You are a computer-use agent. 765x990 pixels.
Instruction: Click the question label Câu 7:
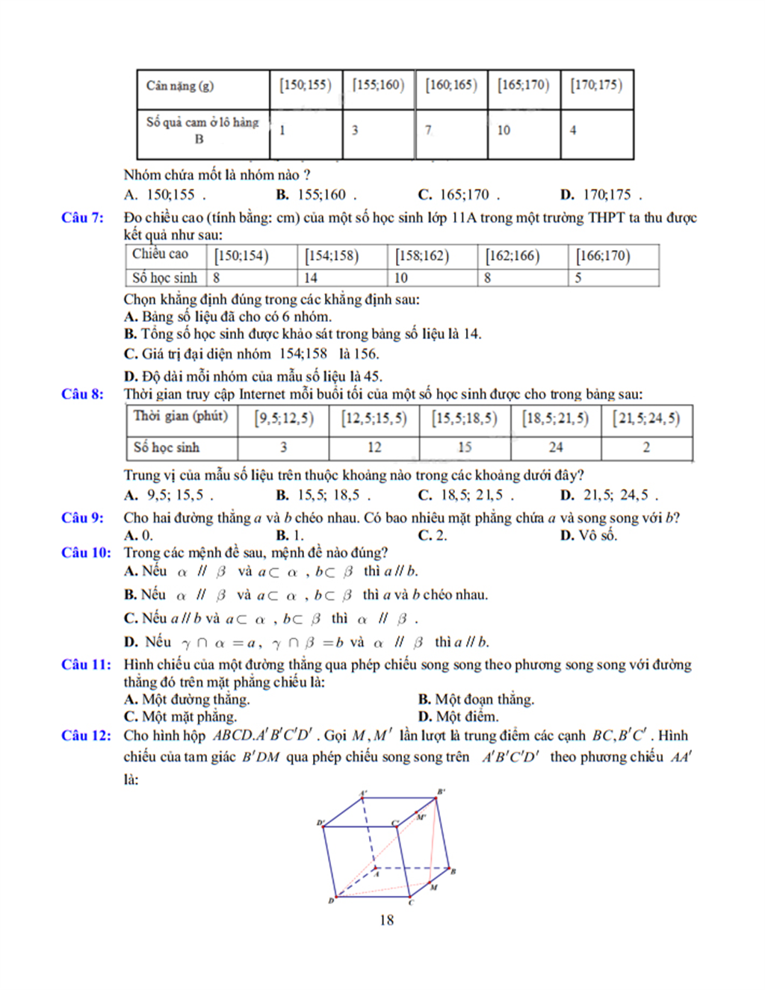pos(82,217)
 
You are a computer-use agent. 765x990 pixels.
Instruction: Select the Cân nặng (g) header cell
pos(180,86)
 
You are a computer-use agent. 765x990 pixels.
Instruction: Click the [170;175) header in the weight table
pos(596,85)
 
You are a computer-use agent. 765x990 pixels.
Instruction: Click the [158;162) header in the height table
pos(423,255)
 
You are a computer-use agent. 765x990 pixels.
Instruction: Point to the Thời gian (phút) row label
pos(181,416)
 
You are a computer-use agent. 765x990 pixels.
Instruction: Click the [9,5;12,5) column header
pos(284,418)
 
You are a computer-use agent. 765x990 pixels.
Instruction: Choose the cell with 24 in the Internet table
pos(556,447)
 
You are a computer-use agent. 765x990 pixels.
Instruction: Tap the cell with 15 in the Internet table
pos(465,447)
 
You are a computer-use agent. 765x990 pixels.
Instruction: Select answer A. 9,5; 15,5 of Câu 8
pos(169,494)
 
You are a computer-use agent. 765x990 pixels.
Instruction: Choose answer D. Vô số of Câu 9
pos(589,535)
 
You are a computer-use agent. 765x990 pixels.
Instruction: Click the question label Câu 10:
pos(86,552)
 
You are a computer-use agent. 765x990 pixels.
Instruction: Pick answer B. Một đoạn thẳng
pos(476,699)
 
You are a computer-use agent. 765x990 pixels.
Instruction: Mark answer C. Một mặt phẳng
pos(180,716)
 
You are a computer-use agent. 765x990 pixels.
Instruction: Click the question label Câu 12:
pos(86,735)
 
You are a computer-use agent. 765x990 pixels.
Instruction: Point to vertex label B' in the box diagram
pos(442,791)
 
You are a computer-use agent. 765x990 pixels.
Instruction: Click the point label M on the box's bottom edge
pos(433,888)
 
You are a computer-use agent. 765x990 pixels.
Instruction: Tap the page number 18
pos(386,920)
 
